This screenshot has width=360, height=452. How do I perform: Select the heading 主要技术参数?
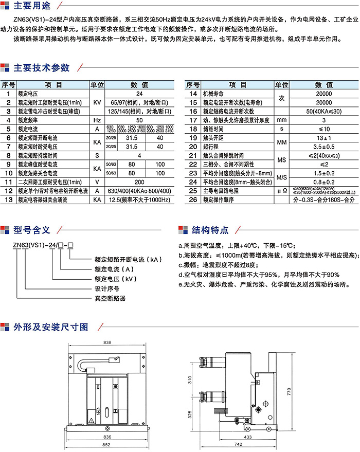41,67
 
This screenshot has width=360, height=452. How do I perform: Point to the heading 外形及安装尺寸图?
51,327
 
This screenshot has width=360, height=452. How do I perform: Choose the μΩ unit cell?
281,190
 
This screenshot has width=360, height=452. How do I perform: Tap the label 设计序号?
107,288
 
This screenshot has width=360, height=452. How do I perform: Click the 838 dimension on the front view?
107,342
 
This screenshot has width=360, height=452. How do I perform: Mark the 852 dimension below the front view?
107,445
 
